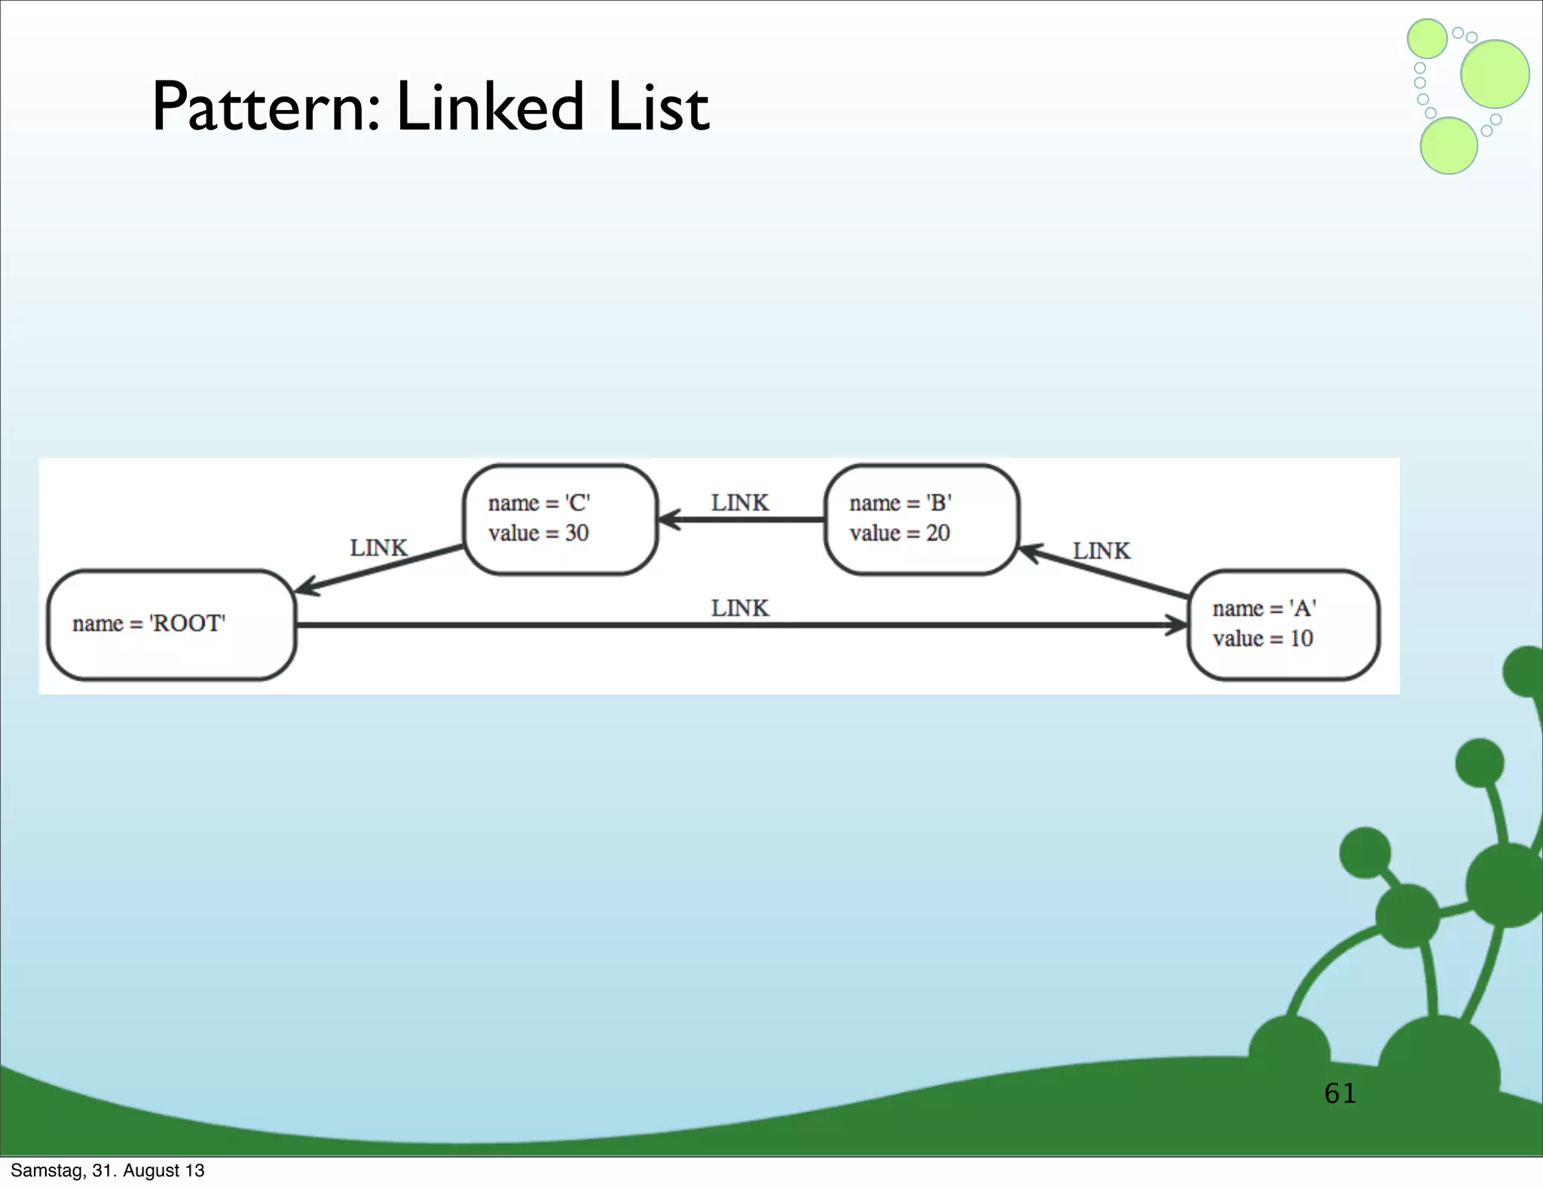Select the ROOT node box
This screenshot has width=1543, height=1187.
point(171,624)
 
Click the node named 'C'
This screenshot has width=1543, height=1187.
point(560,519)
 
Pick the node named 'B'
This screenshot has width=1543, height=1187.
point(921,519)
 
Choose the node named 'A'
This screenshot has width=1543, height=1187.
point(1283,624)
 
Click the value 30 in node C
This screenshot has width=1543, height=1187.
point(577,533)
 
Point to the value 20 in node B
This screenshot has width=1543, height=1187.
point(938,533)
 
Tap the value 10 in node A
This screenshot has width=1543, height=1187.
point(1301,639)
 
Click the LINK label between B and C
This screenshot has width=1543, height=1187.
point(740,502)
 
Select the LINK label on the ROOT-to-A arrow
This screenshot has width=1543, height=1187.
point(740,608)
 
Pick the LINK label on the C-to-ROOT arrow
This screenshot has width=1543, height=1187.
point(378,548)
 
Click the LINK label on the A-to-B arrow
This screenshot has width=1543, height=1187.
point(1101,551)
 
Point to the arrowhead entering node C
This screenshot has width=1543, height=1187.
point(668,519)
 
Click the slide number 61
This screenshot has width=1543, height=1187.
point(1340,1093)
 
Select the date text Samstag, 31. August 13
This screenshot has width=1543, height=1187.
point(108,1170)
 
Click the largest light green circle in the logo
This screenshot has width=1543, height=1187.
point(1495,74)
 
